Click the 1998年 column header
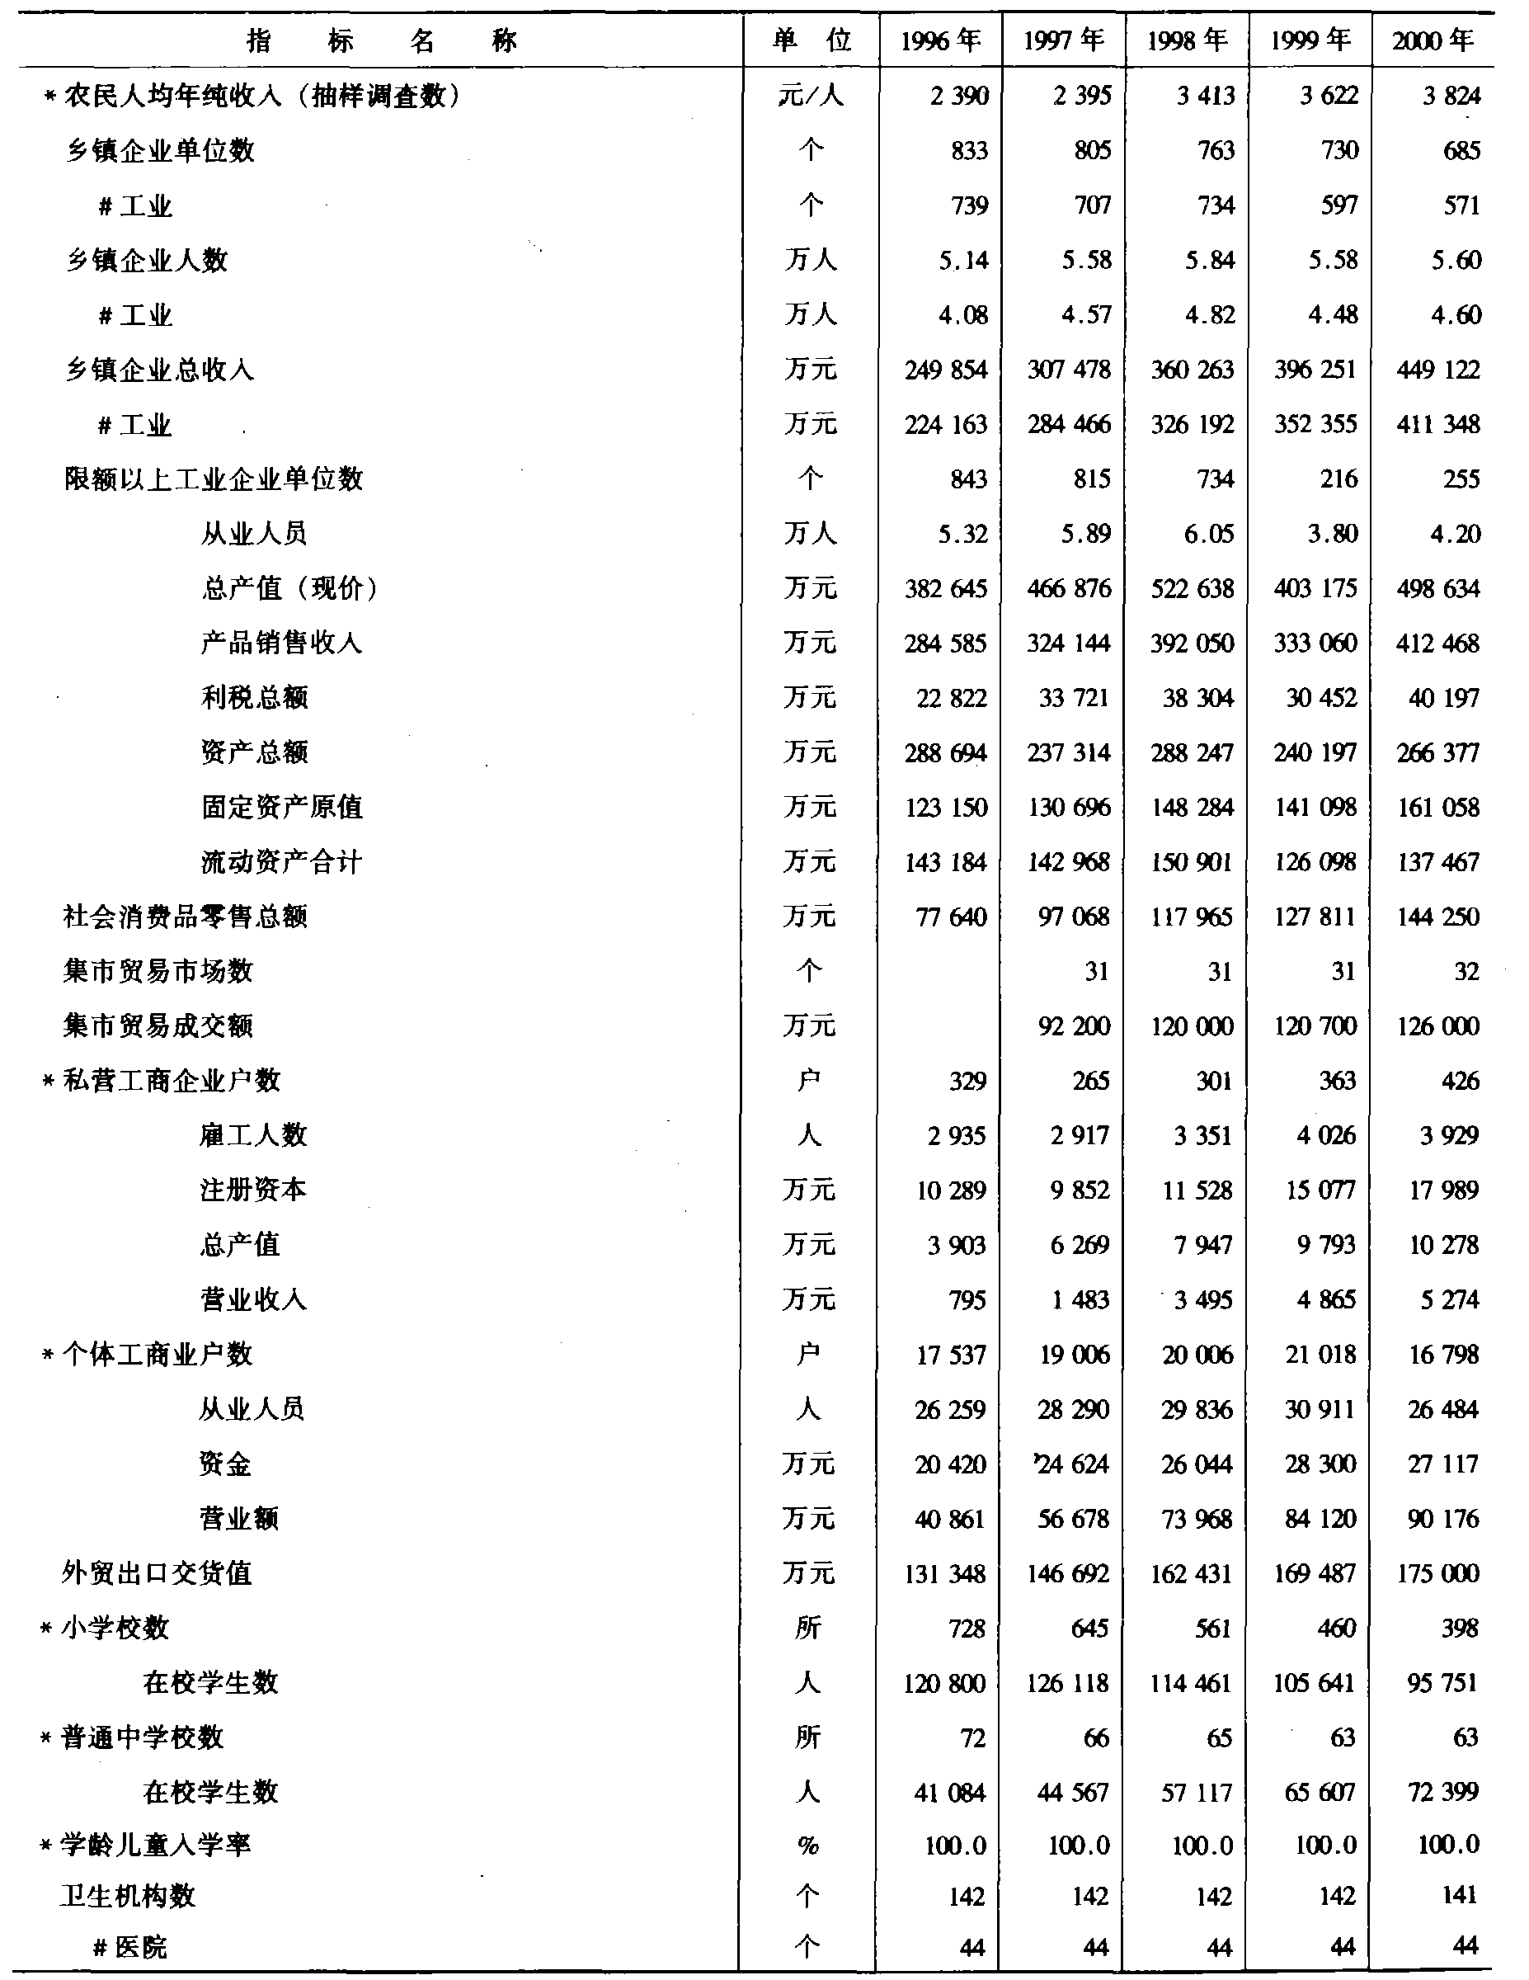coord(1188,40)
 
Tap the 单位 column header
coord(812,40)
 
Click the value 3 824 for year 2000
coord(1451,95)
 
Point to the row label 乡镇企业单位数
coord(159,150)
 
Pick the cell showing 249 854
coord(945,370)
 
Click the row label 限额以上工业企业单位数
coord(213,478)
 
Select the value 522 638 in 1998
coord(1192,588)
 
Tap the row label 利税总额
coord(255,697)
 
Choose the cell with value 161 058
coord(1438,807)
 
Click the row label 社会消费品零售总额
coord(185,917)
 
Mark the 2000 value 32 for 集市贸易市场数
coord(1465,971)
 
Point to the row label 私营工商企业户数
coord(172,1081)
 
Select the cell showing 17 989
coord(1443,1190)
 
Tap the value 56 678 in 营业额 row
coord(1073,1519)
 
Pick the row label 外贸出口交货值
coord(156,1573)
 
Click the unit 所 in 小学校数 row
coord(807,1629)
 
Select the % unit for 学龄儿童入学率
coord(807,1845)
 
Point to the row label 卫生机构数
coord(128,1896)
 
